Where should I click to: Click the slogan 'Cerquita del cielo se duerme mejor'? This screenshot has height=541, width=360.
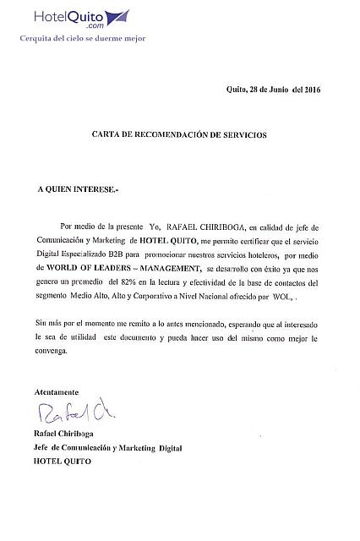coord(83,38)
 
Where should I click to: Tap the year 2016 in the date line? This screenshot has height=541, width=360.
coord(312,90)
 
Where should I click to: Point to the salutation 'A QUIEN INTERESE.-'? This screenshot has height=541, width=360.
coord(78,191)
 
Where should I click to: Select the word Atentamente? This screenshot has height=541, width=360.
coord(57,392)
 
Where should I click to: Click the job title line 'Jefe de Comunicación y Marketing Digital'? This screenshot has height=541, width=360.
coord(108,449)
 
